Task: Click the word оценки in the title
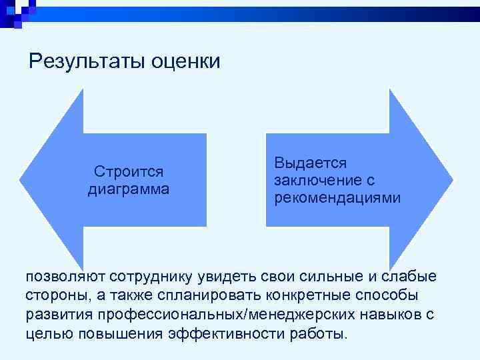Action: [185, 62]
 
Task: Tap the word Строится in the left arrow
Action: [129, 172]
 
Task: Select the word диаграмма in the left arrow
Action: [129, 189]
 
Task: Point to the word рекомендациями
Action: [337, 197]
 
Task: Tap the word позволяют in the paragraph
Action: [63, 276]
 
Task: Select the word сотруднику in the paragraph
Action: [151, 276]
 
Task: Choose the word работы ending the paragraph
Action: [319, 334]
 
